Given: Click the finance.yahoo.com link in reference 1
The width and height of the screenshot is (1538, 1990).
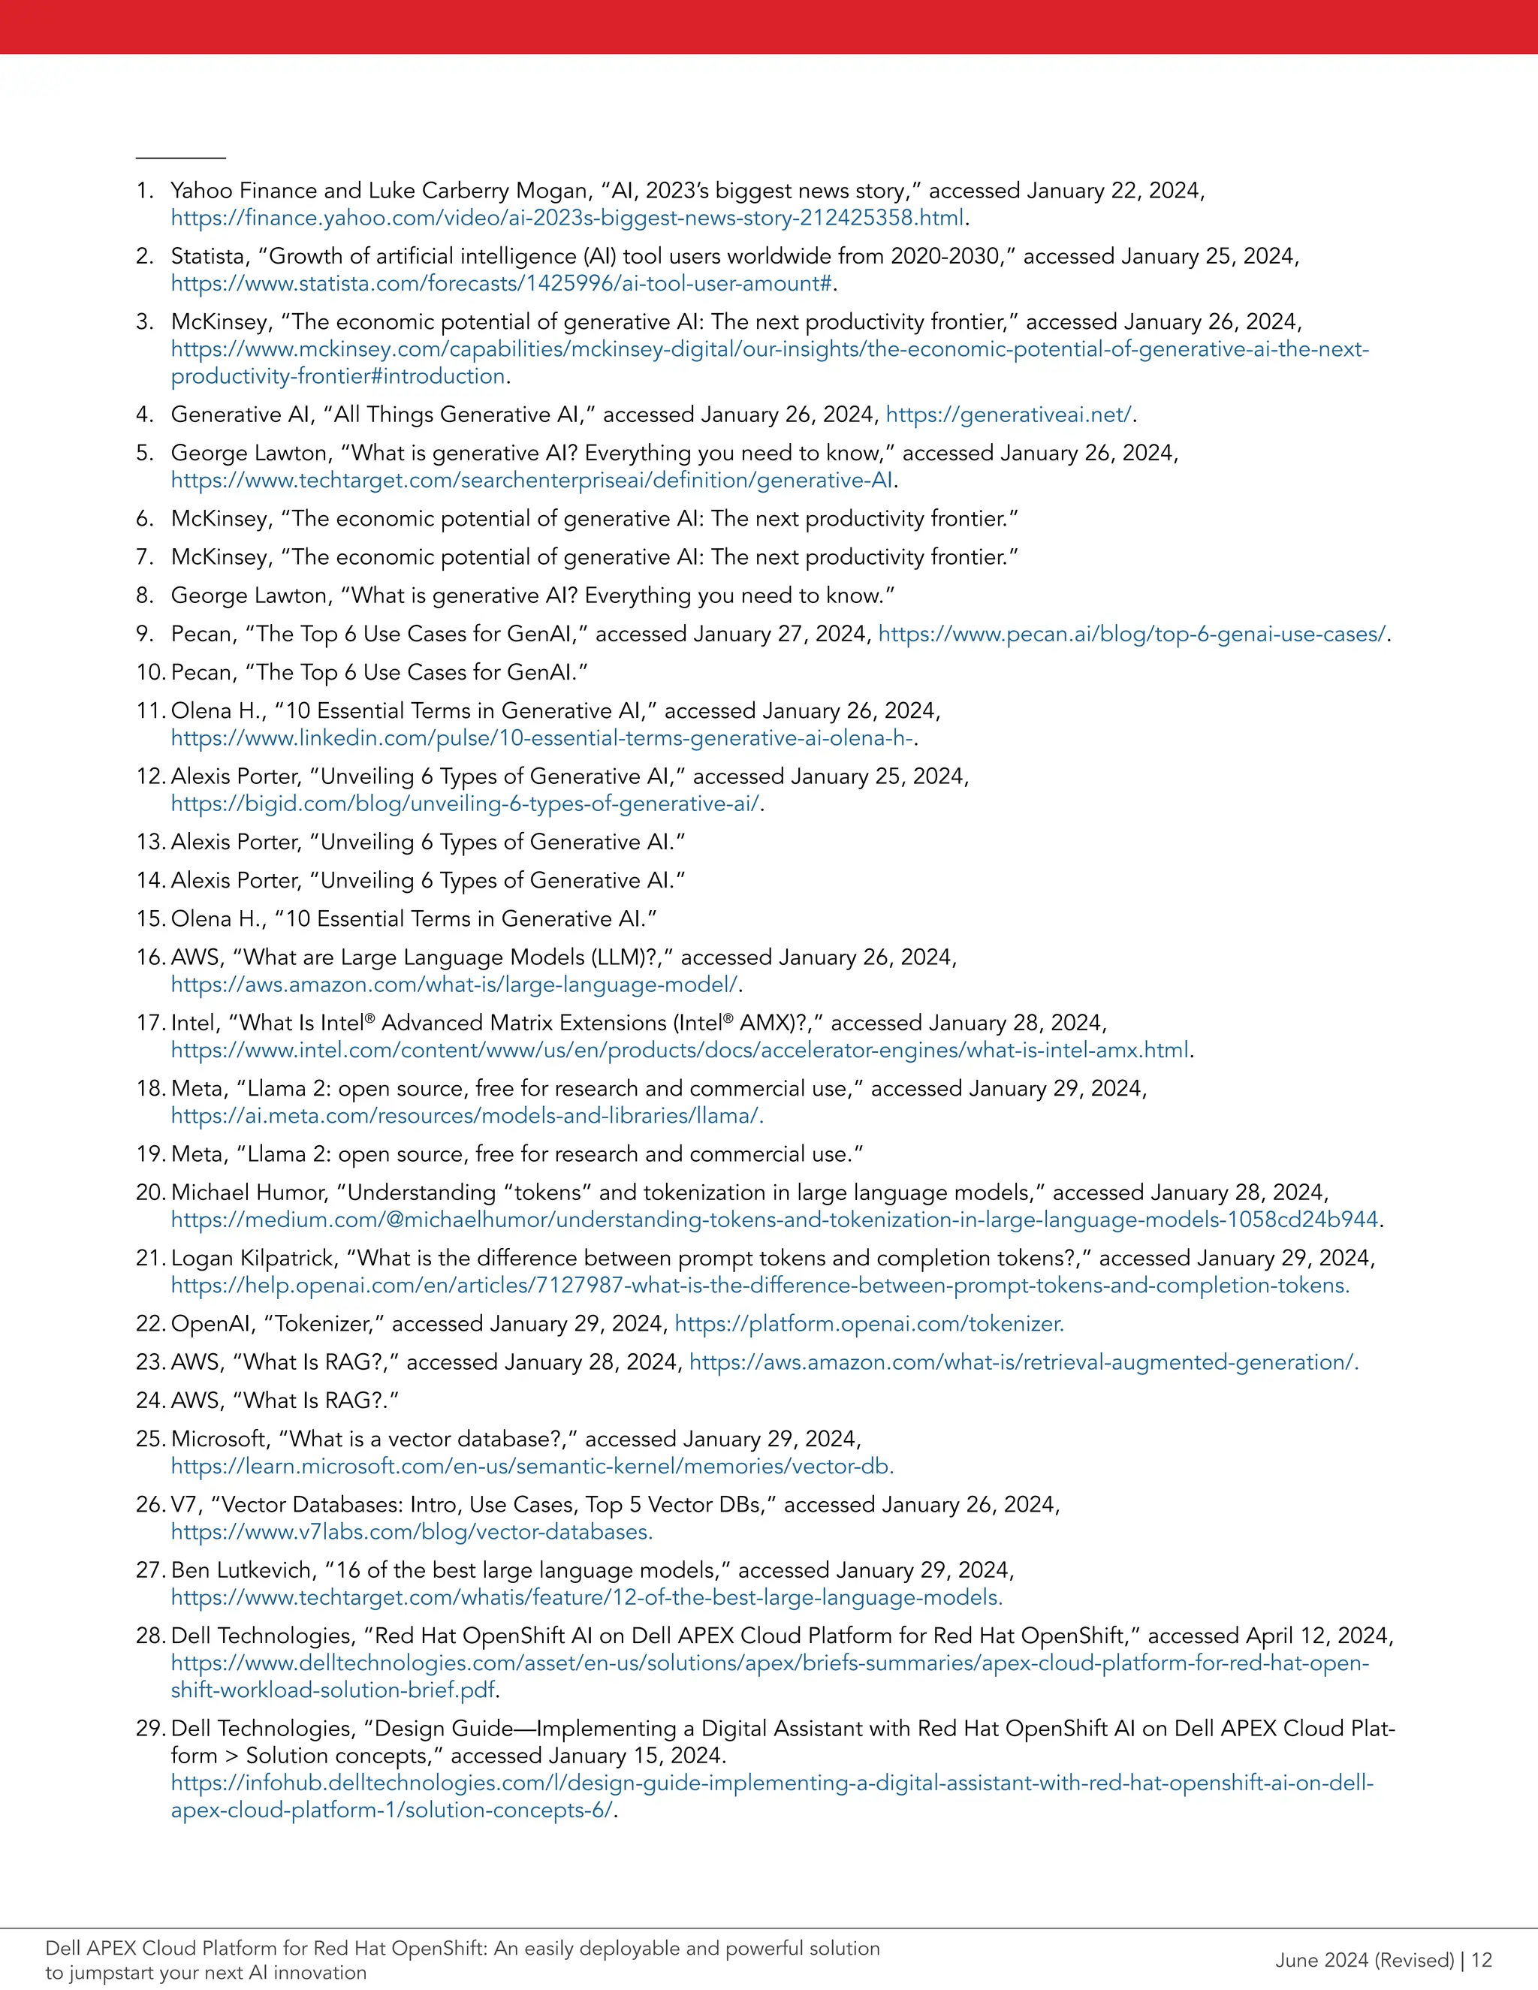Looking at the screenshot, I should [567, 219].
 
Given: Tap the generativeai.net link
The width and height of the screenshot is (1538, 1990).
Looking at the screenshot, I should [1009, 415].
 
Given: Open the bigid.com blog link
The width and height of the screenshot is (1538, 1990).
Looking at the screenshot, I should [465, 804].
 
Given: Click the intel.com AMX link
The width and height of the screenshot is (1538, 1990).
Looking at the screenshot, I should [680, 1051].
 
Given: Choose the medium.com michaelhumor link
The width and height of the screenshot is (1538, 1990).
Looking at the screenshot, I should [774, 1220].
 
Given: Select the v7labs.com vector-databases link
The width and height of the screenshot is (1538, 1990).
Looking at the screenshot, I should [411, 1532].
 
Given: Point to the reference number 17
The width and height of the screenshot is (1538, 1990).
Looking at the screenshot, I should [150, 1024].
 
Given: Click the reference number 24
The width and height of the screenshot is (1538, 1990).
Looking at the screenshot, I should [150, 1401].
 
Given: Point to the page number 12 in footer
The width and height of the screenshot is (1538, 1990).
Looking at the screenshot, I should [1481, 1960].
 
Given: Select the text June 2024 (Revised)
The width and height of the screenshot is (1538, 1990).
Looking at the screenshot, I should [1364, 1960].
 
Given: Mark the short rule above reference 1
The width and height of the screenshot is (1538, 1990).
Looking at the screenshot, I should [180, 158].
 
